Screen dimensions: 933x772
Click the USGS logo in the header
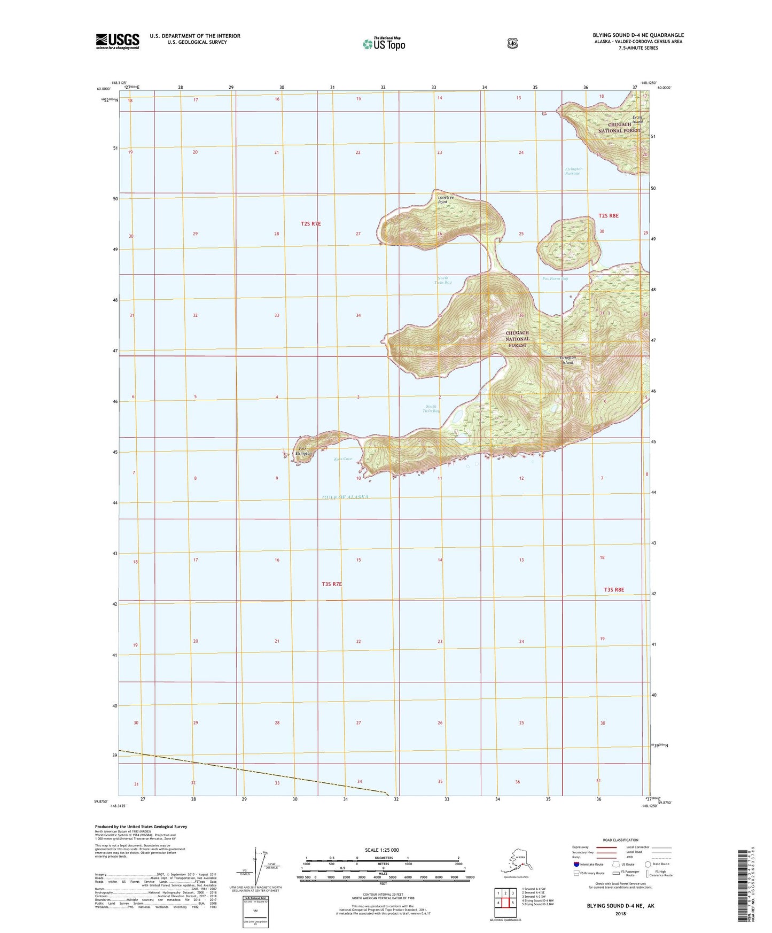(x=118, y=41)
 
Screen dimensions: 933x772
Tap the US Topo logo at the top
(x=384, y=43)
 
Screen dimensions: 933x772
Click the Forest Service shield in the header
(x=512, y=43)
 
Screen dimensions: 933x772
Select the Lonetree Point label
(x=446, y=199)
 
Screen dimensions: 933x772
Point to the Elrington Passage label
(x=573, y=171)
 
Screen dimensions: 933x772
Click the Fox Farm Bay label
(x=555, y=278)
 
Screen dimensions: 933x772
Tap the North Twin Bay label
(x=443, y=280)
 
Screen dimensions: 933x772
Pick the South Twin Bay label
(x=431, y=409)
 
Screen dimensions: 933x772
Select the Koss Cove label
(x=343, y=459)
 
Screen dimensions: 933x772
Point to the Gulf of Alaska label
(x=345, y=497)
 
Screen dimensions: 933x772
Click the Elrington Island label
(x=567, y=360)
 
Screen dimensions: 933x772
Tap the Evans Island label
(x=637, y=119)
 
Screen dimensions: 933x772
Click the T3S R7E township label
(x=331, y=584)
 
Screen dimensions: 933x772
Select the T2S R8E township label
(x=608, y=215)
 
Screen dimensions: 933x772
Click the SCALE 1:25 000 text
(x=381, y=850)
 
